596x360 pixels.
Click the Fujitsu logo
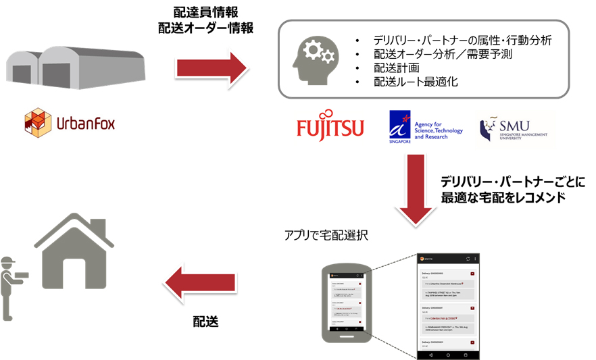[x=330, y=128]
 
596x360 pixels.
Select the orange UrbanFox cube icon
[x=38, y=122]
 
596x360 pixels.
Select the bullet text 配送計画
[x=396, y=68]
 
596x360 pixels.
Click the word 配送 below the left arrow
[x=205, y=321]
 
